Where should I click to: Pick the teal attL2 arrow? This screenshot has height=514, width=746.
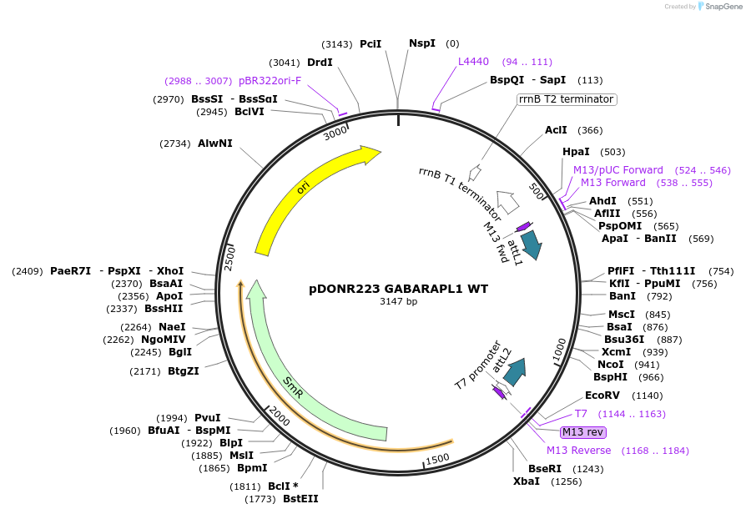coord(514,370)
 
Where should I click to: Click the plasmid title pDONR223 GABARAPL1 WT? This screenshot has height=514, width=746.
coord(399,290)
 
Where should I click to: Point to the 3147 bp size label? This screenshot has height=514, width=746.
coord(399,302)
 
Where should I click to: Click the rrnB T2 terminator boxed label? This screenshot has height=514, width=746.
coord(567,99)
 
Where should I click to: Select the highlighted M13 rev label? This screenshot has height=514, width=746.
coord(583,431)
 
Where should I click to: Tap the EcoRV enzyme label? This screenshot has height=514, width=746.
coord(601,396)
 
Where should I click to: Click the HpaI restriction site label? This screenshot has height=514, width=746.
coord(577,152)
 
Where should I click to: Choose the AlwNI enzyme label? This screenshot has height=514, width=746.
coord(215,144)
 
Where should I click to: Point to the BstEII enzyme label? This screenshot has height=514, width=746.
coord(300,499)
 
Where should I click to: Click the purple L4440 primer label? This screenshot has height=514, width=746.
coord(473,62)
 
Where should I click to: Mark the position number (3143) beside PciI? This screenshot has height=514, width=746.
coord(338,43)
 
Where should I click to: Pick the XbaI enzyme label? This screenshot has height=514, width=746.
coord(527,481)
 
